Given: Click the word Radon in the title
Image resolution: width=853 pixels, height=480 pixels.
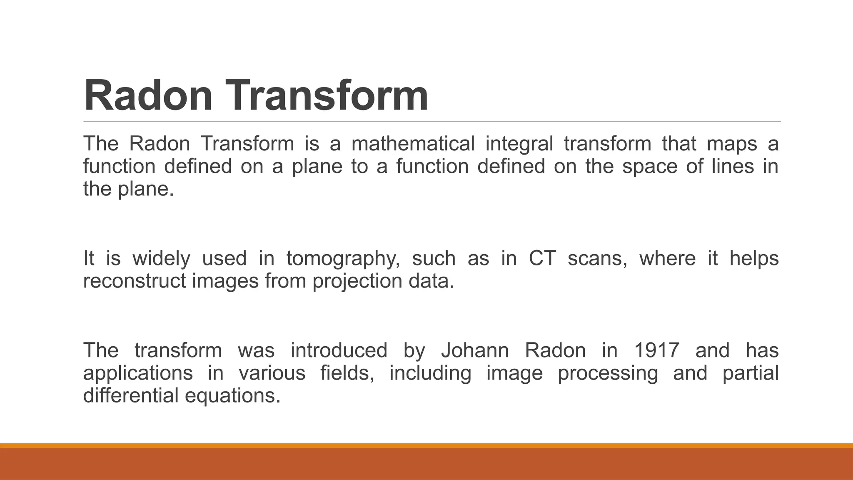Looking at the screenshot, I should (148, 96).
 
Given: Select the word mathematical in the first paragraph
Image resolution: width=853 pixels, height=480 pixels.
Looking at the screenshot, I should (413, 144).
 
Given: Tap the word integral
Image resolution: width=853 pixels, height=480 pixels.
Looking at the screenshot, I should (519, 144).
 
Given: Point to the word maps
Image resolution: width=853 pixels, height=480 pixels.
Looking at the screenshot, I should (732, 144).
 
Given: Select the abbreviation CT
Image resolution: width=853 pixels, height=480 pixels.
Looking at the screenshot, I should (542, 258).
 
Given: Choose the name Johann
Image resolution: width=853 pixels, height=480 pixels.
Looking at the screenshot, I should (475, 350).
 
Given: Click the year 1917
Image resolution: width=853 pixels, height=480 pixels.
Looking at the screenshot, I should (657, 350).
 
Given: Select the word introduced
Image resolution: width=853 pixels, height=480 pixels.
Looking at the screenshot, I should (339, 350).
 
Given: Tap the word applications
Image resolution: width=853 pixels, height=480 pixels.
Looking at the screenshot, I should (138, 373).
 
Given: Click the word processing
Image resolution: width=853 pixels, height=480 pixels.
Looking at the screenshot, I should (608, 373).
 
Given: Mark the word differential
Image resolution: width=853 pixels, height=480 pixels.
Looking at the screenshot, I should (130, 395).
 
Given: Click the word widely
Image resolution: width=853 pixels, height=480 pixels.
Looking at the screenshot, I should (161, 259).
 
